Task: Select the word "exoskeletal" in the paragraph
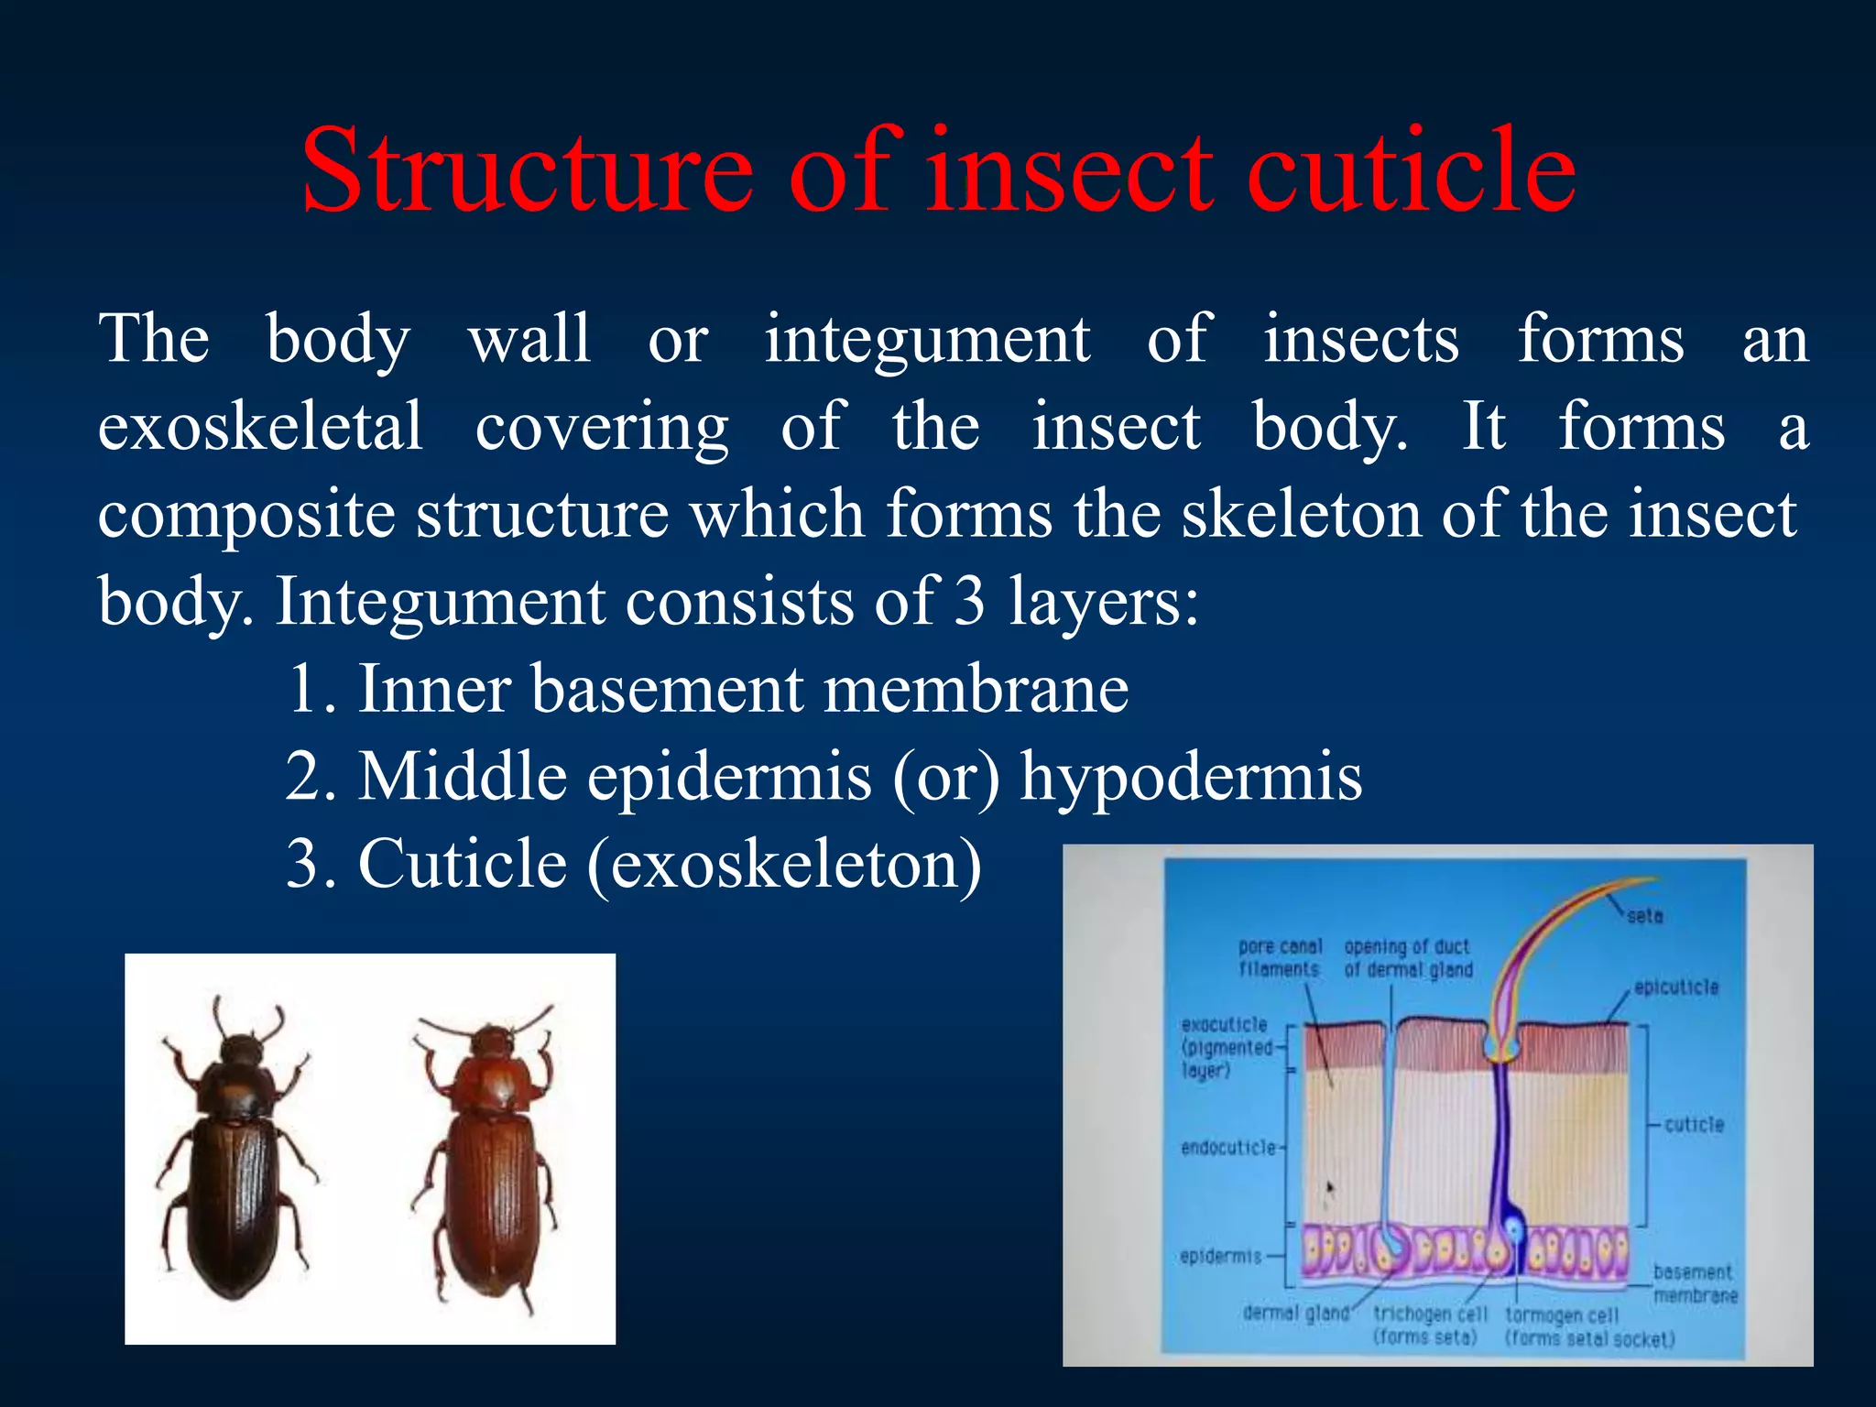tap(260, 427)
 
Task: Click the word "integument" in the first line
tap(927, 340)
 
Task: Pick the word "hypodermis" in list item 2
tap(1191, 777)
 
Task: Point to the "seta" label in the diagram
tap(1644, 915)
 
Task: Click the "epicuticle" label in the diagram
tap(1676, 987)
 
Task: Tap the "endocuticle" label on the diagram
tap(1227, 1148)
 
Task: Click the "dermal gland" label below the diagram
tap(1295, 1313)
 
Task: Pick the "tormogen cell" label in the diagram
tap(1563, 1315)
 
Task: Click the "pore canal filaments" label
tap(1280, 957)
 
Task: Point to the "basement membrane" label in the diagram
tap(1694, 1283)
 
